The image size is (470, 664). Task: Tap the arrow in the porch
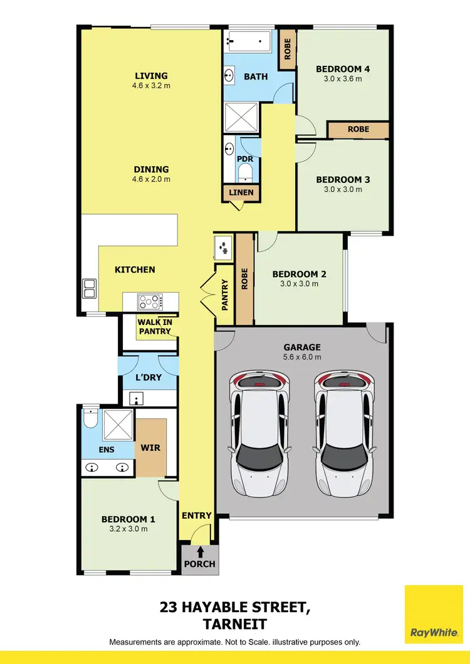(x=200, y=552)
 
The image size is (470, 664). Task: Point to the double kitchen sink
(x=88, y=288)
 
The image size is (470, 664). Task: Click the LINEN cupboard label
(x=241, y=192)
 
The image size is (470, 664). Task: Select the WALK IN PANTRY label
(x=155, y=326)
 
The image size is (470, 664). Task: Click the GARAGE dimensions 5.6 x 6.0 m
(x=302, y=357)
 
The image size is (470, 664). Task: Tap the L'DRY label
(x=149, y=378)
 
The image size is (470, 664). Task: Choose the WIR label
(x=151, y=449)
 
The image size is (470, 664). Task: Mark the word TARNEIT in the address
(x=234, y=624)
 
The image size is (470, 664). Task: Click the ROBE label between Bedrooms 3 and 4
(x=358, y=129)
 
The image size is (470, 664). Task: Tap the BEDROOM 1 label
(x=128, y=519)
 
